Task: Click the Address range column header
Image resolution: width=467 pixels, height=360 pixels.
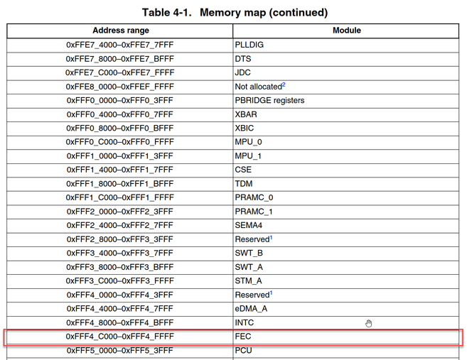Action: [x=121, y=31]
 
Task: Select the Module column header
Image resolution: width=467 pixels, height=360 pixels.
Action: [x=347, y=31]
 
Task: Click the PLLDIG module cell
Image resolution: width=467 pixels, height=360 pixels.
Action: [x=249, y=45]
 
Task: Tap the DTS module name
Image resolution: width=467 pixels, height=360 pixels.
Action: [x=243, y=59]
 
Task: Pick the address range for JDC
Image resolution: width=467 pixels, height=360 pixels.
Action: [x=119, y=72]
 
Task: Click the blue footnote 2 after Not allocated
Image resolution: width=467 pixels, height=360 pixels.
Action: [x=284, y=84]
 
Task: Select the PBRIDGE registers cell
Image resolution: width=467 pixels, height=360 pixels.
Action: [x=269, y=100]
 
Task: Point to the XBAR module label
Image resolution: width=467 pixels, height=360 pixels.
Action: [x=246, y=114]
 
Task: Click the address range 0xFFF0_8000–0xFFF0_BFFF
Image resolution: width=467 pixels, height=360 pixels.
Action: [x=119, y=129]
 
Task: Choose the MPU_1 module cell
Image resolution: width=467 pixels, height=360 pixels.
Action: [x=248, y=156]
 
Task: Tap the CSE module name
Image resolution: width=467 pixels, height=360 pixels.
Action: [x=243, y=170]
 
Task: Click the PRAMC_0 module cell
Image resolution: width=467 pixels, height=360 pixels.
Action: [x=254, y=197]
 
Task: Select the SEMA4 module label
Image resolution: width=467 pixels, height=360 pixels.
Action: [x=248, y=225]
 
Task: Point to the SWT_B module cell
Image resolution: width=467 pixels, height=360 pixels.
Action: [x=249, y=253]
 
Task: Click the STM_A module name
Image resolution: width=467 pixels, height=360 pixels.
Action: [x=248, y=281]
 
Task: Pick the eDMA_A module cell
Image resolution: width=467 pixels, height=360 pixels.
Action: [x=251, y=309]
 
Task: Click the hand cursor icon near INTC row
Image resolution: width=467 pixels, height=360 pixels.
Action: [x=369, y=323]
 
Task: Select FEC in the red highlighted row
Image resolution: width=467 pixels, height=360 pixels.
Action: [x=243, y=337]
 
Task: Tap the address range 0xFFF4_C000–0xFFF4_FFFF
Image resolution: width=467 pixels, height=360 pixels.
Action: [x=119, y=337]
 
